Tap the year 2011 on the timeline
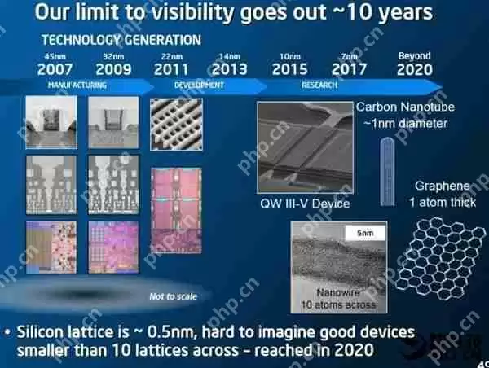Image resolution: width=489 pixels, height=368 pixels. click(x=172, y=70)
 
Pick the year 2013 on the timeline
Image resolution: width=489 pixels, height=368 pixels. click(x=230, y=70)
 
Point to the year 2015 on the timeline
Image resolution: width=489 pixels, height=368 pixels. click(x=289, y=70)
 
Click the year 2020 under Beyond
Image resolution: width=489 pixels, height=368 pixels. click(x=415, y=70)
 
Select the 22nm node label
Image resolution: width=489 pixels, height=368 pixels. click(x=172, y=55)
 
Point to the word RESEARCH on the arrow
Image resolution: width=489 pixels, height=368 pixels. click(x=319, y=85)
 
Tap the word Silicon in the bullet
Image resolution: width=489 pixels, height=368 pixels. click(x=44, y=333)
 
